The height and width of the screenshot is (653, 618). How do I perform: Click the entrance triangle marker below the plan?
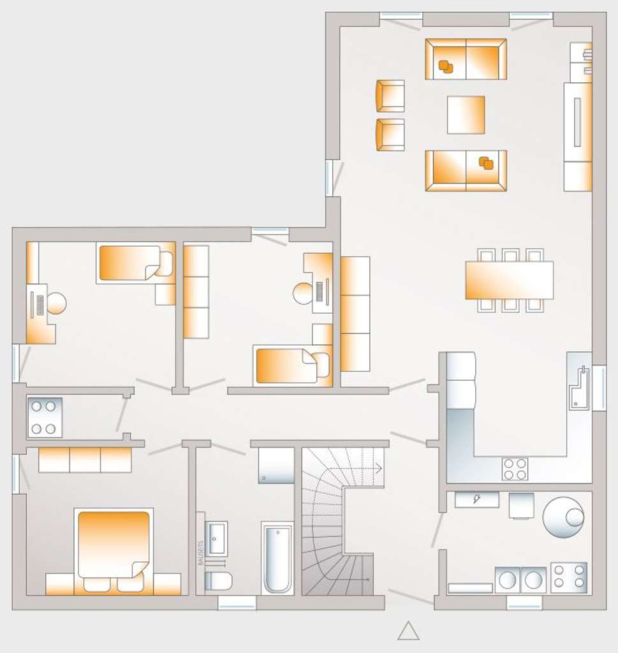pyautogui.click(x=408, y=631)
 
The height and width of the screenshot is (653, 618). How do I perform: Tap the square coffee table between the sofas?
pyautogui.click(x=466, y=115)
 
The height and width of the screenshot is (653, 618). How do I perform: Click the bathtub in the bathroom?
pyautogui.click(x=277, y=558)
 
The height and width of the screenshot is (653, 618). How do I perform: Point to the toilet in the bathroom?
pyautogui.click(x=217, y=581)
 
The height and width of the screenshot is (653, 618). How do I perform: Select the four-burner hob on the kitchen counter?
pyautogui.click(x=515, y=469)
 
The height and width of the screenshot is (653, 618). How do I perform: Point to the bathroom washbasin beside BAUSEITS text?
pyautogui.click(x=216, y=538)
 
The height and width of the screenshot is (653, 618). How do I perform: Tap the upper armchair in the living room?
pyautogui.click(x=390, y=96)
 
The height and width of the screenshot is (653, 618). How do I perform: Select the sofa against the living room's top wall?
pyautogui.click(x=466, y=59)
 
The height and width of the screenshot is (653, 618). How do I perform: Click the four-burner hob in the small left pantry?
pyautogui.click(x=45, y=417)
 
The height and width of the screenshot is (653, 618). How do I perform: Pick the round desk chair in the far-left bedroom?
pyautogui.click(x=56, y=303)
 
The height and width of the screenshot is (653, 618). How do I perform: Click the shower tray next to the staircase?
pyautogui.click(x=276, y=466)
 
